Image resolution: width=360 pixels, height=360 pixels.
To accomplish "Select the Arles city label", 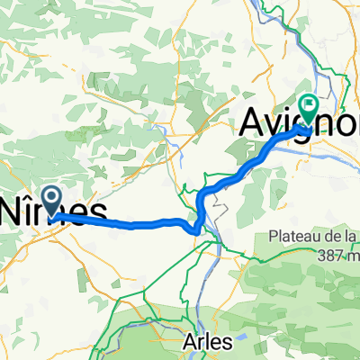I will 207,342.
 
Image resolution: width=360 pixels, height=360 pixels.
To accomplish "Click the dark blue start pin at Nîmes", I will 51,200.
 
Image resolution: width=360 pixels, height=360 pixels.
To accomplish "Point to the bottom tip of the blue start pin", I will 51,216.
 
